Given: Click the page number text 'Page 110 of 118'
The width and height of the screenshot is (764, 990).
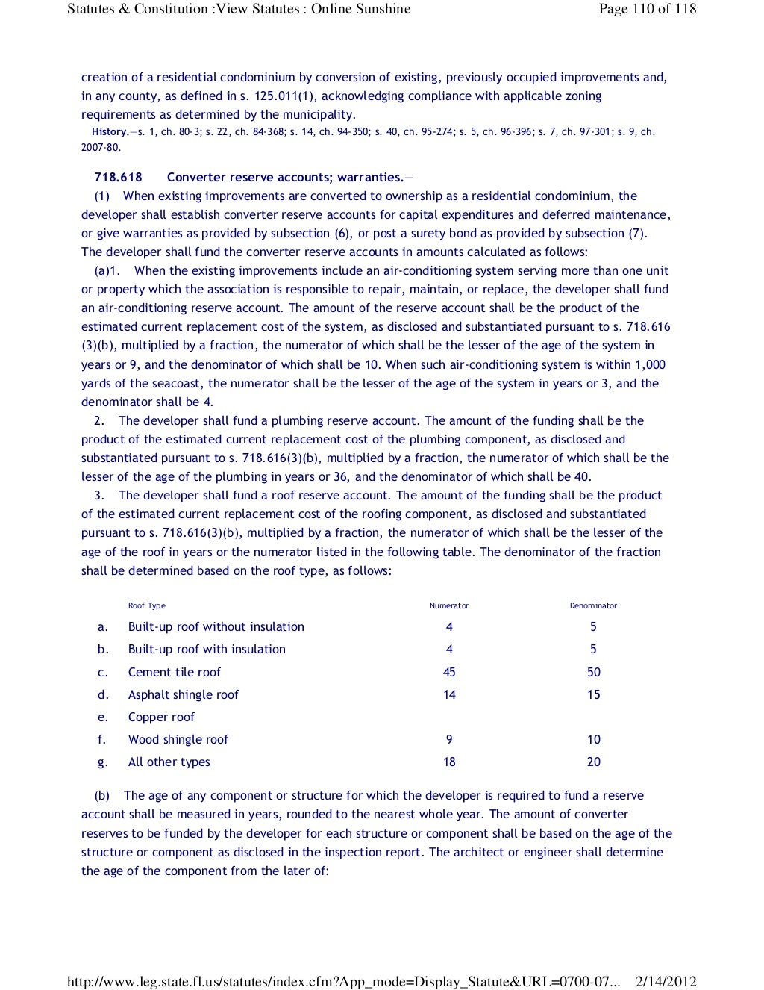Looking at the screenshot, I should click(x=647, y=9).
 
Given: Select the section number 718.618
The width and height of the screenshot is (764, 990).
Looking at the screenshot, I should click(x=118, y=177).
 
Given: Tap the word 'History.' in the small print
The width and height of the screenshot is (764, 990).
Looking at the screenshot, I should click(x=110, y=132).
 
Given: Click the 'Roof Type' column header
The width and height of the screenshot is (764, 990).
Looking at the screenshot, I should click(x=147, y=605).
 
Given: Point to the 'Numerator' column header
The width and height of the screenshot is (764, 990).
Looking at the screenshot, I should click(x=449, y=605).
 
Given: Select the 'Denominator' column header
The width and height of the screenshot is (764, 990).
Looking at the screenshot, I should click(x=593, y=605).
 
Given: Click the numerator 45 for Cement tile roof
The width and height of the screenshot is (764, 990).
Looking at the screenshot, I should click(x=449, y=672).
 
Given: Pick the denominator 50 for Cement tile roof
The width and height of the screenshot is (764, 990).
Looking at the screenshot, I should click(x=593, y=672).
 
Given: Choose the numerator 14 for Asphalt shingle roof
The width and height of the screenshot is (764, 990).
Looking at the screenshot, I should click(x=449, y=694).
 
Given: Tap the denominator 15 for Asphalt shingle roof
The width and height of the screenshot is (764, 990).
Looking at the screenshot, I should click(x=593, y=694).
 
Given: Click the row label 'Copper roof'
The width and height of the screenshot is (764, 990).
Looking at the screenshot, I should click(x=161, y=717).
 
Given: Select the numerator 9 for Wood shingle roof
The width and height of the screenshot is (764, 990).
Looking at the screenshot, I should click(x=449, y=739).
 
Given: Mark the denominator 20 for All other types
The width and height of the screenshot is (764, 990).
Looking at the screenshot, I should click(x=593, y=762).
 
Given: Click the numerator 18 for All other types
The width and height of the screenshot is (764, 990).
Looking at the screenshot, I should click(x=449, y=762).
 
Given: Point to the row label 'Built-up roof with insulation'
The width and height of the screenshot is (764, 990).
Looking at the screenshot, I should click(x=207, y=649).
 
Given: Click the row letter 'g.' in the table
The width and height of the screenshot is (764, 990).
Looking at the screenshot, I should click(x=103, y=762).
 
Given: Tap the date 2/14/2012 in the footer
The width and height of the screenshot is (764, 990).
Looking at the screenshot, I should click(x=666, y=981).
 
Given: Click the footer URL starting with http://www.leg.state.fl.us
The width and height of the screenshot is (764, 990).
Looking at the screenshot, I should click(x=343, y=981).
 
